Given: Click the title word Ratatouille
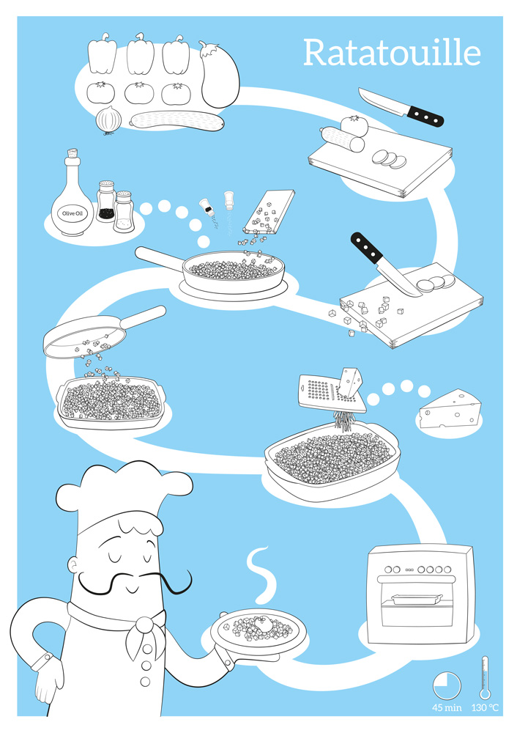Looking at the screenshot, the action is [392, 53].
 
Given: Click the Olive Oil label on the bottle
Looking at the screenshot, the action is [72, 213].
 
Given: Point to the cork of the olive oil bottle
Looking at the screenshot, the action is [72, 153].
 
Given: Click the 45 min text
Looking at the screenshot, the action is [447, 708].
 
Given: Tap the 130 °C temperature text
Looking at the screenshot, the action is [485, 708].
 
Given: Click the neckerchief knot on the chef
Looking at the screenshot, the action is [145, 624].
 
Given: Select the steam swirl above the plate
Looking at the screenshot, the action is [261, 574].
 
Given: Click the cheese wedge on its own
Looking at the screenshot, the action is [450, 409].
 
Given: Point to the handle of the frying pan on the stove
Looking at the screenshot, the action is [160, 259].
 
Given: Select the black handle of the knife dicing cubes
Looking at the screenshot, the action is [367, 247].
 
